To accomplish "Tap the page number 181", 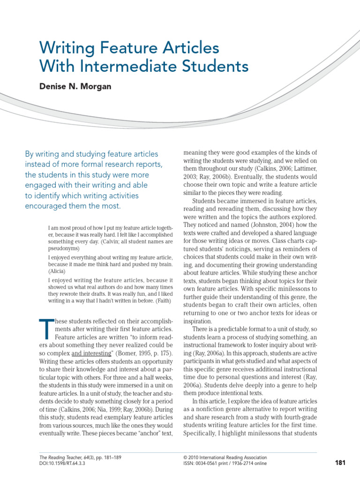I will pos(340,463).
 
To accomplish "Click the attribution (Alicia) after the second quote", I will pos(58,271).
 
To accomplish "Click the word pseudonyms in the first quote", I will pos(64,248).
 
